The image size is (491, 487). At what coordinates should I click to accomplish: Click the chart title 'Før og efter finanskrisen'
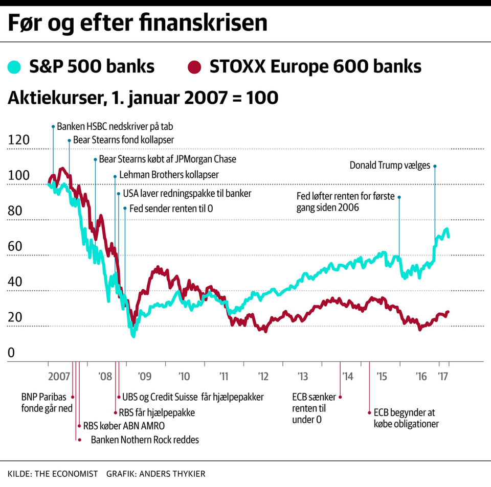137,24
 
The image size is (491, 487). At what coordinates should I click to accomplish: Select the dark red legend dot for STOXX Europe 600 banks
195,67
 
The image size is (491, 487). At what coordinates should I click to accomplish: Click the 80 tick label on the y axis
15,211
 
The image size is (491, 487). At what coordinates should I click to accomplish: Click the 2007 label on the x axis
60,377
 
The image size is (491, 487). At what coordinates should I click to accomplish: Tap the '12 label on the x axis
263,377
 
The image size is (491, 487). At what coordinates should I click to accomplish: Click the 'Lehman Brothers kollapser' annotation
169,175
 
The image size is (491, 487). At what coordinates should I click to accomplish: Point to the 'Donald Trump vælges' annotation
390,165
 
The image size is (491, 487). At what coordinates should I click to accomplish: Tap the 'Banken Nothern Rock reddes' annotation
145,439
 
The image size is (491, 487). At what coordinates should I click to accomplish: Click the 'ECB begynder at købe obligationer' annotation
406,418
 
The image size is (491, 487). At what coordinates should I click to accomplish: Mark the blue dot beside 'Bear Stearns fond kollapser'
69,139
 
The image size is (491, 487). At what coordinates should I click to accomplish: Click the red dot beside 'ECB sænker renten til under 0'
341,397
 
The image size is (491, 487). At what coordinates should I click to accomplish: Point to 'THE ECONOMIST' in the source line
67,474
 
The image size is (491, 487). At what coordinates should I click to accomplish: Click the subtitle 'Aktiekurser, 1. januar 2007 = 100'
143,98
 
